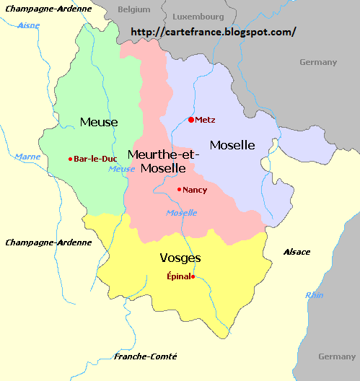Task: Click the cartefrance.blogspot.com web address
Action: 214,32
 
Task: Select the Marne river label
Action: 27,156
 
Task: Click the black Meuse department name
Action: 99,122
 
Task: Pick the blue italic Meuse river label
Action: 121,169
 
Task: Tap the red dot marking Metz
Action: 190,120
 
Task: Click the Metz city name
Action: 205,120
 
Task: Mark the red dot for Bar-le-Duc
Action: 70,159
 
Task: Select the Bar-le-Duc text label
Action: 95,159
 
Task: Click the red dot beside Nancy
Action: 179,190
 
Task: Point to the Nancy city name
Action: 195,190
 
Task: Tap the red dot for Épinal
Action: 193,276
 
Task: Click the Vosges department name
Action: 180,258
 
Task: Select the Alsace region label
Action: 297,252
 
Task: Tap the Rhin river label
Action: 315,294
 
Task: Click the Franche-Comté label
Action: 146,356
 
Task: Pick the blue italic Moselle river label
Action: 181,212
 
